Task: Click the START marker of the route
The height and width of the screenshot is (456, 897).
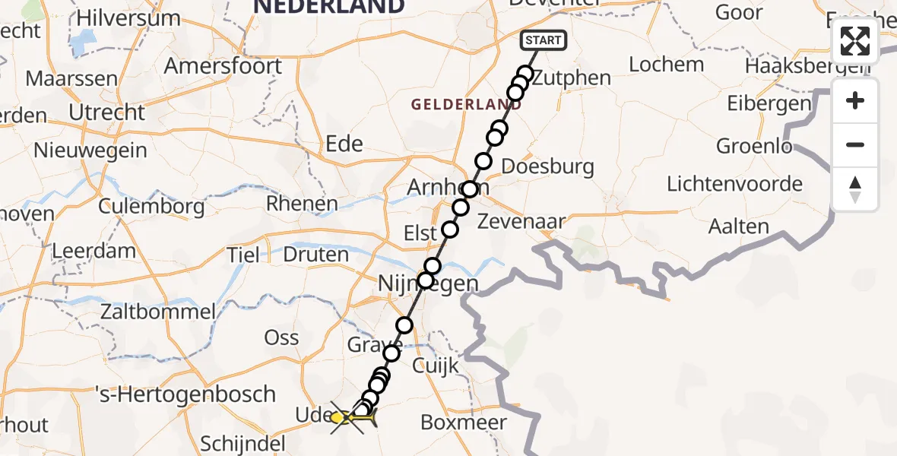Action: pyautogui.click(x=543, y=40)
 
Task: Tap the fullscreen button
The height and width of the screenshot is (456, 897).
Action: pyautogui.click(x=855, y=41)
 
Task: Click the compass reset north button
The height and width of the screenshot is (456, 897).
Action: pyautogui.click(x=855, y=189)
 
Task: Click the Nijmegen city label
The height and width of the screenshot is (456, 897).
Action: pyautogui.click(x=429, y=285)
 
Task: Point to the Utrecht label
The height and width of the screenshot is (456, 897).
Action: pyautogui.click(x=106, y=112)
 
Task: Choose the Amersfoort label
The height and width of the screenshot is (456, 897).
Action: pyautogui.click(x=223, y=66)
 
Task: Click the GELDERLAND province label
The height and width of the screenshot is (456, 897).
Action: pyautogui.click(x=467, y=105)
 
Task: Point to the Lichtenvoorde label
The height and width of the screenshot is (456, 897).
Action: pyautogui.click(x=734, y=184)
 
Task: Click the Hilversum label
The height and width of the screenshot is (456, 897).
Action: pyautogui.click(x=128, y=18)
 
